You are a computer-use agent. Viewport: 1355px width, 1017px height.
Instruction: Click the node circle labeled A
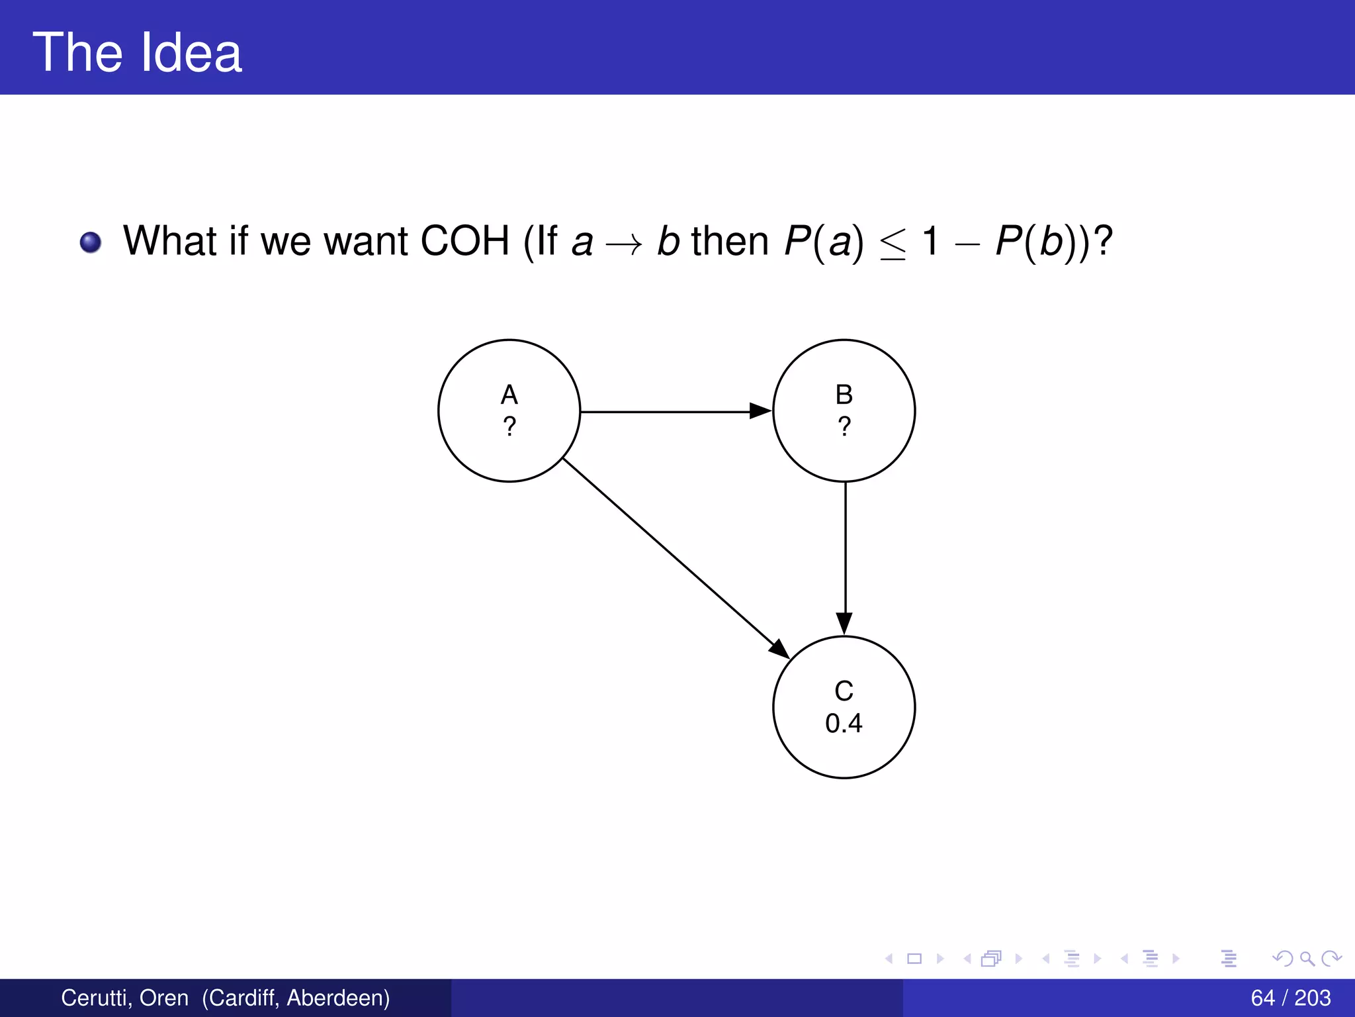509,411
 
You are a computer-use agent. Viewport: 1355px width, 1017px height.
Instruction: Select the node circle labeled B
844,411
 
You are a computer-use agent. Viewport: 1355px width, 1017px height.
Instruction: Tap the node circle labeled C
844,707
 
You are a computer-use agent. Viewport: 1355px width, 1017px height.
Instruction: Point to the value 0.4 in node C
844,723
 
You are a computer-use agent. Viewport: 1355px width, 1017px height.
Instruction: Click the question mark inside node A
509,426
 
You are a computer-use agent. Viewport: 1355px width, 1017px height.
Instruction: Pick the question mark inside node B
844,426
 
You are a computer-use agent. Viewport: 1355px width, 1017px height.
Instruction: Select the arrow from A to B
675,411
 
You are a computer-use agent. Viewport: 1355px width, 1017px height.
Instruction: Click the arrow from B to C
845,556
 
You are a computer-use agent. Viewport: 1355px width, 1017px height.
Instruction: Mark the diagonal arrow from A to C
675,557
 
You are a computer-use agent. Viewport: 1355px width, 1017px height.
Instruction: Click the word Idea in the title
191,53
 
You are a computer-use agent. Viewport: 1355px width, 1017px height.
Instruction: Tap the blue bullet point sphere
91,242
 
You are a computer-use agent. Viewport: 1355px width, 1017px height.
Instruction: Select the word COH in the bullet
464,240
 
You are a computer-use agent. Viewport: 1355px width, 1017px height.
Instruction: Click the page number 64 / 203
1290,998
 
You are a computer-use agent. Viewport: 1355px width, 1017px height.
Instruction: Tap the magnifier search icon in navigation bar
1307,958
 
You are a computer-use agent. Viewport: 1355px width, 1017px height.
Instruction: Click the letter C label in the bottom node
844,691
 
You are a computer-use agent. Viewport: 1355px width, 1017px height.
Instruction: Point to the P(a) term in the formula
824,240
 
